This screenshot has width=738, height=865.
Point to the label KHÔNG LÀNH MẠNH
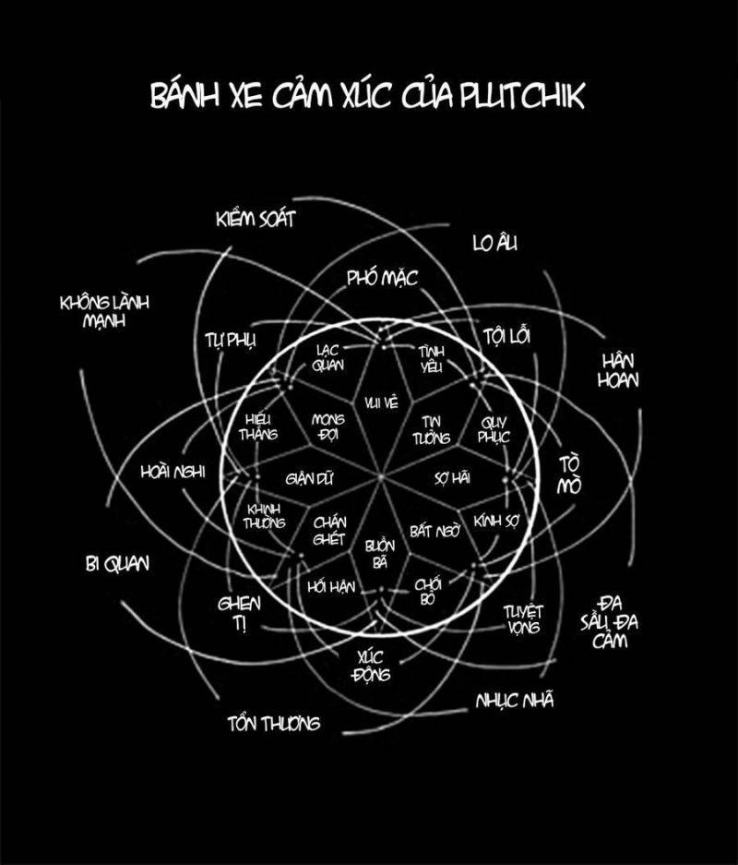pos(104,311)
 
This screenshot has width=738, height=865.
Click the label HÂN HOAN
pos(620,369)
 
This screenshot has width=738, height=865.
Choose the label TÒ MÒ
pos(571,475)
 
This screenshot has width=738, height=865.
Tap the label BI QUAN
pos(116,563)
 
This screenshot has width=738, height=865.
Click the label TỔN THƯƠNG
pos(273,723)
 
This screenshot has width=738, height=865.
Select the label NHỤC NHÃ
pos(515,701)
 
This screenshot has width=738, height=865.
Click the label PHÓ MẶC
pos(383,277)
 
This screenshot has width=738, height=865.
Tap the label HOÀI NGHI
pos(173,471)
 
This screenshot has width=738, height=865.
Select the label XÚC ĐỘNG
pos(373,665)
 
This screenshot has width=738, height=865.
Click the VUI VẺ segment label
pos(380,402)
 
